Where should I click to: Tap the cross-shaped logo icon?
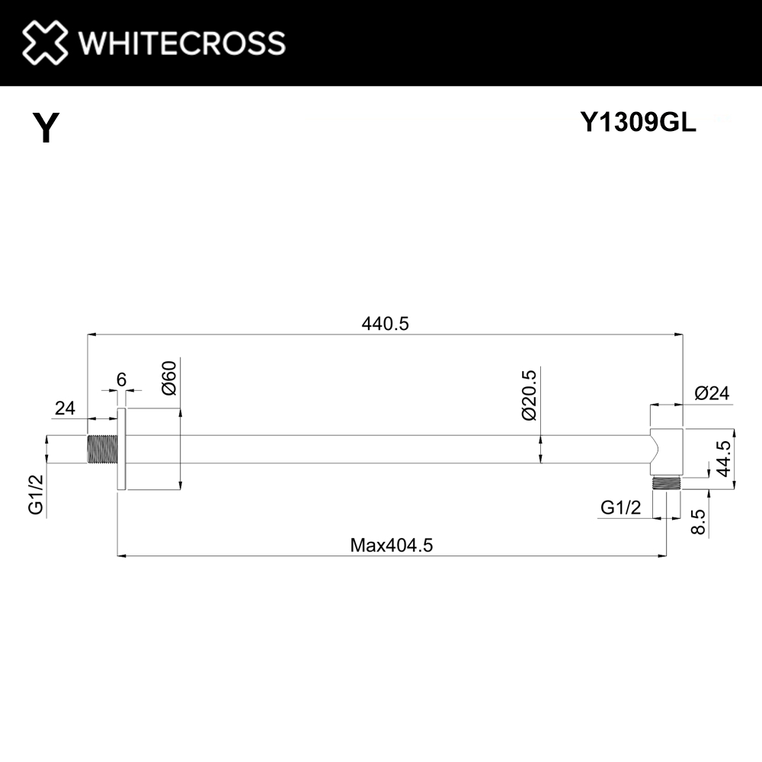click(x=45, y=42)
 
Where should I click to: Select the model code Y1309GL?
click(x=638, y=123)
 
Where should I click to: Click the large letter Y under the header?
click(x=46, y=128)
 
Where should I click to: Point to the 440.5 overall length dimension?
click(x=385, y=324)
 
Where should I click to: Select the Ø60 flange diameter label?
click(x=169, y=377)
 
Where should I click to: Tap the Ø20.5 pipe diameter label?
click(x=530, y=394)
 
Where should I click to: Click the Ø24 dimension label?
click(x=712, y=394)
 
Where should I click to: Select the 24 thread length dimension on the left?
click(x=65, y=408)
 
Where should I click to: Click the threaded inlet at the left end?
click(x=101, y=449)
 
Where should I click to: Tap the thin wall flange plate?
click(x=120, y=449)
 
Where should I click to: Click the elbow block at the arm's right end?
click(x=666, y=450)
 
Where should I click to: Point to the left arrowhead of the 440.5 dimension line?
click(x=91, y=334)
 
